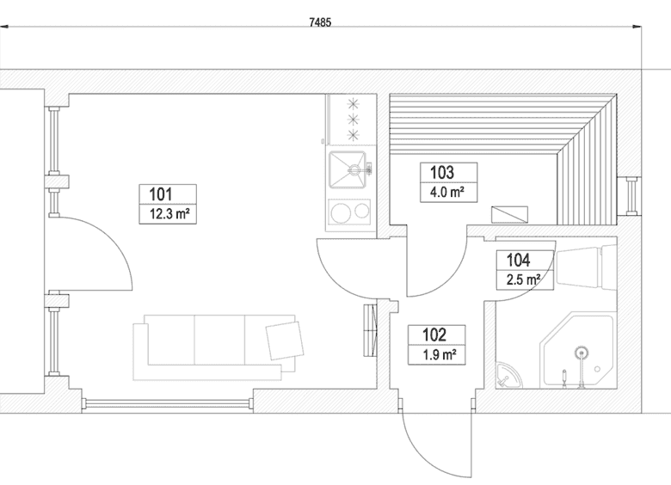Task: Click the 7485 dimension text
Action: coord(320,22)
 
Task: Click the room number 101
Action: coord(161,194)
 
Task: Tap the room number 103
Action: coord(442,172)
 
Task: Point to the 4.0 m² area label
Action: coord(447,192)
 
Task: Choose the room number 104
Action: coord(518,260)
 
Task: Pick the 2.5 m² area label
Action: coord(523,279)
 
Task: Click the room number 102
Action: coord(434,335)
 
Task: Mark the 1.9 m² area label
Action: coord(439,354)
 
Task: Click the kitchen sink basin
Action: coord(348,169)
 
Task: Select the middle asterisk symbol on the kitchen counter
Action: coord(353,119)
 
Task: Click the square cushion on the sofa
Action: coord(285,341)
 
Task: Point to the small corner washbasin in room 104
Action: coord(508,375)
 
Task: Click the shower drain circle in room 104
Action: coord(581,353)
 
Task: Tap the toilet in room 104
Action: coord(587,265)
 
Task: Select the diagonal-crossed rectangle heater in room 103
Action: coord(509,215)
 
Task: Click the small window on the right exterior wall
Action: coord(631,195)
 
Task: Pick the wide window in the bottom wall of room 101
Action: coord(168,402)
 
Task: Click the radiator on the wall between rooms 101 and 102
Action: coord(371,329)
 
